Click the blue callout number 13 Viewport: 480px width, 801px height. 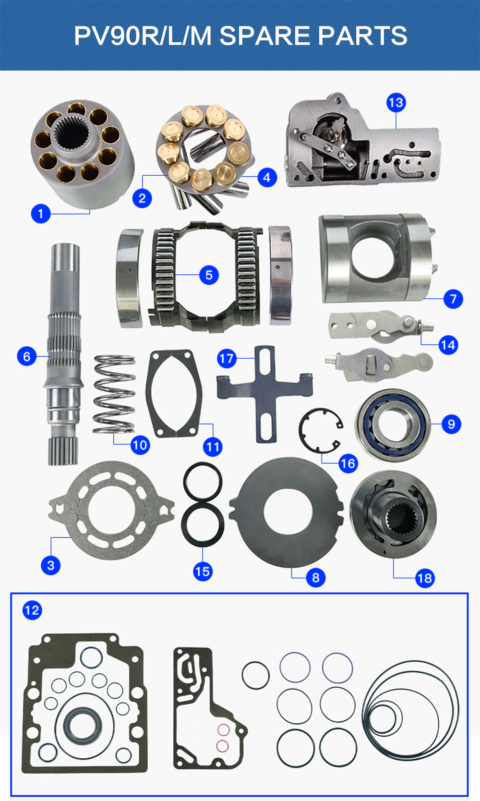pyautogui.click(x=396, y=103)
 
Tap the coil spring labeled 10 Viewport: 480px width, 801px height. pyautogui.click(x=114, y=394)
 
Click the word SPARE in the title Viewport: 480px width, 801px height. pyautogui.click(x=265, y=36)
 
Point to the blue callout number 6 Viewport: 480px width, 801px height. pyautogui.click(x=27, y=356)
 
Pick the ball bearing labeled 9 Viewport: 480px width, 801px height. pyautogui.click(x=393, y=425)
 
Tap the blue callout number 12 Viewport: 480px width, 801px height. pyautogui.click(x=32, y=610)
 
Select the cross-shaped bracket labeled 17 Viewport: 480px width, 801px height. pyautogui.click(x=265, y=393)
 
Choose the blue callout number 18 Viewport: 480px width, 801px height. pyautogui.click(x=425, y=578)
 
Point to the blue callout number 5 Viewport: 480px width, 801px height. pyautogui.click(x=209, y=275)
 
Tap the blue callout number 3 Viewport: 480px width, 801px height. pyautogui.click(x=51, y=565)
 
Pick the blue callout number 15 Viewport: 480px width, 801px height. pyautogui.click(x=203, y=571)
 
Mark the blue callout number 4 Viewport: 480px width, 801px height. pyautogui.click(x=267, y=178)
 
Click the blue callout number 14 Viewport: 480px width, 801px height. pyautogui.click(x=448, y=345)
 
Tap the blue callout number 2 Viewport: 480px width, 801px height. pyautogui.click(x=142, y=198)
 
